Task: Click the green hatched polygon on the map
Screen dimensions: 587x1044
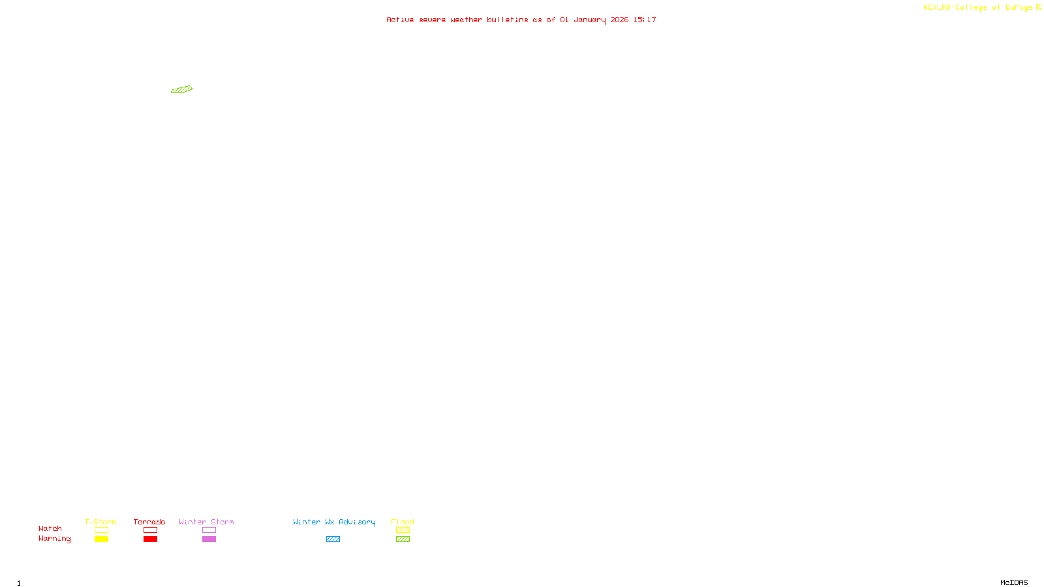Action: (181, 89)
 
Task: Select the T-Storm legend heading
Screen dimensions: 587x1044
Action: (100, 522)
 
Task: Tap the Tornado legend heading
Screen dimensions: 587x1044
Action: (149, 522)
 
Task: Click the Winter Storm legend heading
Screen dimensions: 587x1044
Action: (206, 522)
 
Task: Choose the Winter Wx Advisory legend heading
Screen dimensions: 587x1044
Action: (334, 522)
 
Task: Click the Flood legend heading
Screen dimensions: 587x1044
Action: (403, 522)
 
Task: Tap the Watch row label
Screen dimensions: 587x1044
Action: (50, 528)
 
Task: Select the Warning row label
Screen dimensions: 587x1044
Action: (54, 539)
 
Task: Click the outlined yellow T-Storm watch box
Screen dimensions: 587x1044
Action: (101, 530)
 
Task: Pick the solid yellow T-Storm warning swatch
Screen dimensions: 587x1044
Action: (101, 539)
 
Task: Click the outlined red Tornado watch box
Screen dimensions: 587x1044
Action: (150, 530)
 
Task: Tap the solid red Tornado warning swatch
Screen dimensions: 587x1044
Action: (150, 539)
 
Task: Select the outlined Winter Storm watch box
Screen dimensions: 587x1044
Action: (209, 530)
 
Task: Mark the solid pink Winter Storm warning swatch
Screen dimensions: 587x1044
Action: (209, 539)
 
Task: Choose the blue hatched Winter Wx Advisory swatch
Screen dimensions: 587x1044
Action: (333, 539)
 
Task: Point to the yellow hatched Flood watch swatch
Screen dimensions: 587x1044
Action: (403, 530)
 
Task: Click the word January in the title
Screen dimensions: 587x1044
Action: (590, 20)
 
